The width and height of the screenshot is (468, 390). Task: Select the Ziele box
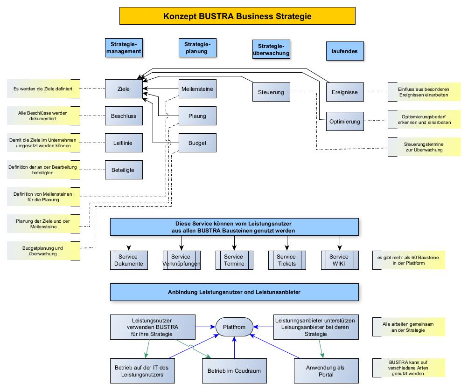point(124,89)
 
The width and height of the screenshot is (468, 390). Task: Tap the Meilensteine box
point(197,89)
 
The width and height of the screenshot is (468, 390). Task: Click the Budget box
point(197,143)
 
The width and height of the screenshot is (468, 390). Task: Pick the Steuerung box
point(271,92)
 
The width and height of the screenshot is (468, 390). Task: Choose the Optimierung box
point(345,122)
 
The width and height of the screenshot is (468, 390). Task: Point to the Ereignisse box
point(345,92)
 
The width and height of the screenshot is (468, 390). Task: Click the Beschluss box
point(124,116)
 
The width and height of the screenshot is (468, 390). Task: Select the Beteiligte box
point(124,170)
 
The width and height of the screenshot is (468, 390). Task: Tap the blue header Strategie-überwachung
point(271,49)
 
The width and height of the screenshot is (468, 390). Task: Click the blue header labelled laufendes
point(345,51)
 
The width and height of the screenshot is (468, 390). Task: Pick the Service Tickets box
point(286,260)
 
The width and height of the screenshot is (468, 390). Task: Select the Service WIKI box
point(340,260)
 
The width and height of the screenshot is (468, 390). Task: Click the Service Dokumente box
point(128,260)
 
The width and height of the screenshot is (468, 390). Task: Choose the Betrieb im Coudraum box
point(234,371)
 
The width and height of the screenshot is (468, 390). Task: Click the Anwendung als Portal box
point(325,371)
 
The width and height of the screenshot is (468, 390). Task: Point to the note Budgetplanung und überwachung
point(42,251)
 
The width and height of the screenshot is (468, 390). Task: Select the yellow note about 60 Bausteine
point(408,260)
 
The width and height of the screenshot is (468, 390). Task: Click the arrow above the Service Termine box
point(234,242)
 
